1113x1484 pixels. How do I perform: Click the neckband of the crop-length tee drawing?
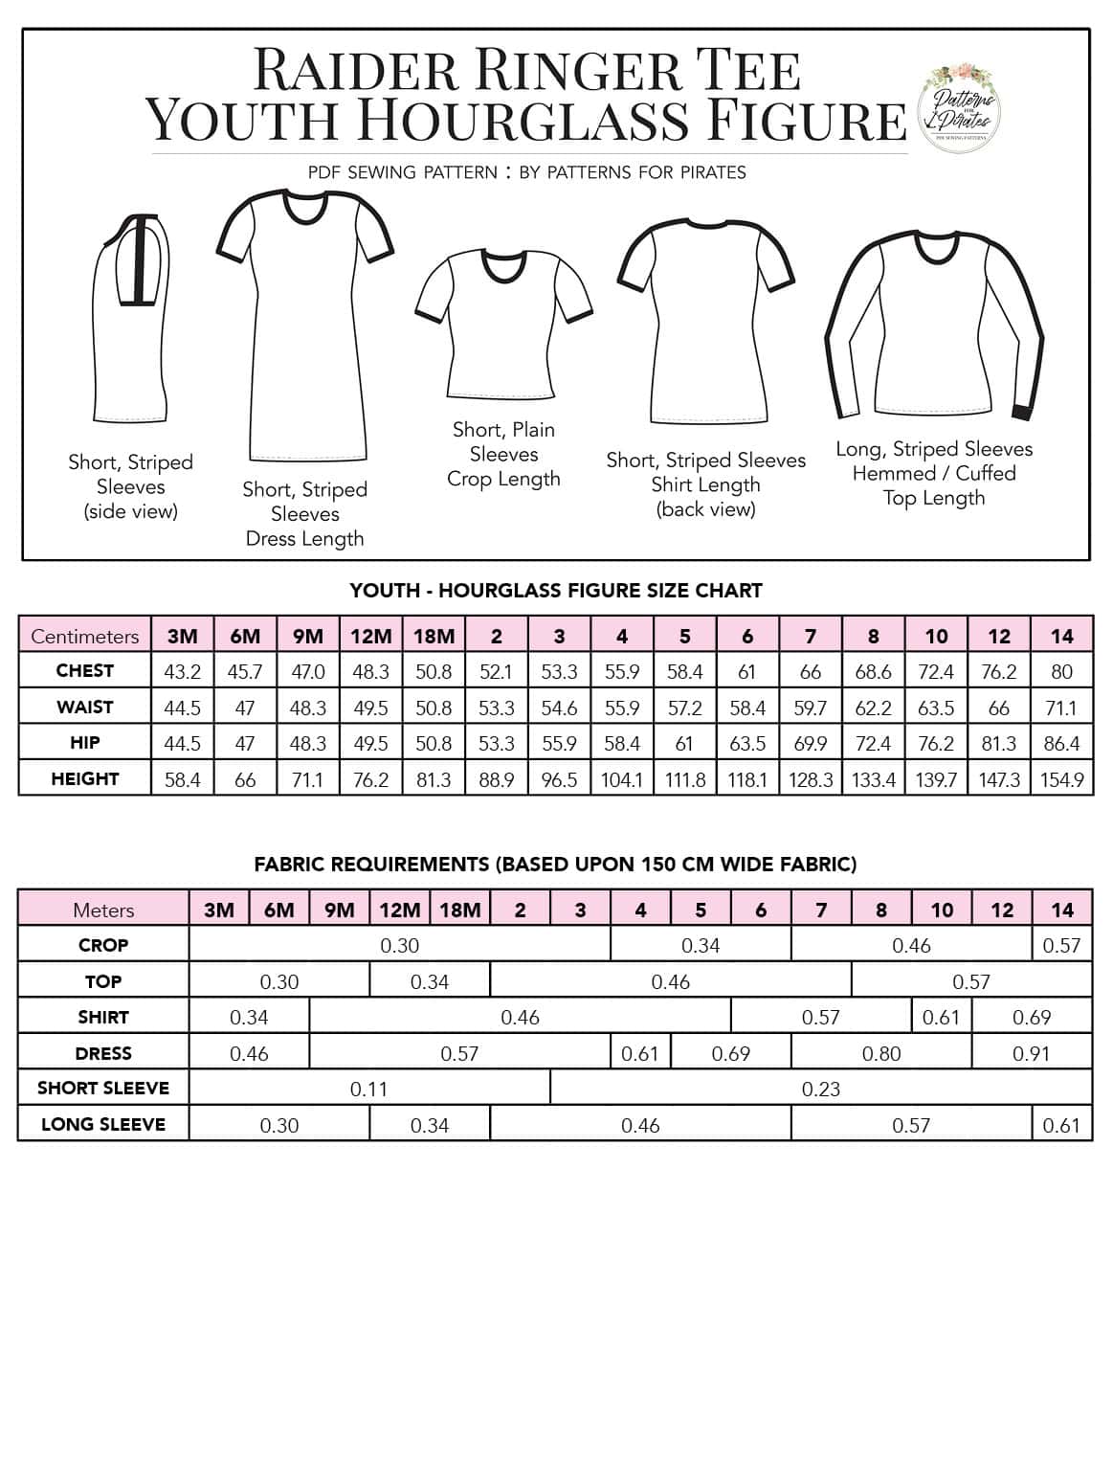[x=504, y=266]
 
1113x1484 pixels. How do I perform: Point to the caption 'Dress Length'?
[x=304, y=539]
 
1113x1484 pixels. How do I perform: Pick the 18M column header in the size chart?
[x=434, y=637]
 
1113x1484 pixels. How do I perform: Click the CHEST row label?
[x=85, y=671]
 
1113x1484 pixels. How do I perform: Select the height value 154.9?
[x=1061, y=780]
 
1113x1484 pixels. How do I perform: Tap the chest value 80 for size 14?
[x=1061, y=672]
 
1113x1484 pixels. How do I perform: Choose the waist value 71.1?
[x=1061, y=708]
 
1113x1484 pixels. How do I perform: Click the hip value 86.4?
[x=1061, y=744]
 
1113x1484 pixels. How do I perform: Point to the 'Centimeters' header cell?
[x=85, y=637]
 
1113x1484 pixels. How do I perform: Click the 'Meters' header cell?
[x=103, y=911]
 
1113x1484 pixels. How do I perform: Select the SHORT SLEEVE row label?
[x=103, y=1089]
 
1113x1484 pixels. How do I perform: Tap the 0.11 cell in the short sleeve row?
[x=368, y=1090]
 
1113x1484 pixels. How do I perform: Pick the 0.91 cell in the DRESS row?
[x=1031, y=1054]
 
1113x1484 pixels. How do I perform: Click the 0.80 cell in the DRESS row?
[x=880, y=1054]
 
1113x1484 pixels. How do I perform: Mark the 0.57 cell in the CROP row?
[x=1061, y=946]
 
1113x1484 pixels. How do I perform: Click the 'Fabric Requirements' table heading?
[x=555, y=865]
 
